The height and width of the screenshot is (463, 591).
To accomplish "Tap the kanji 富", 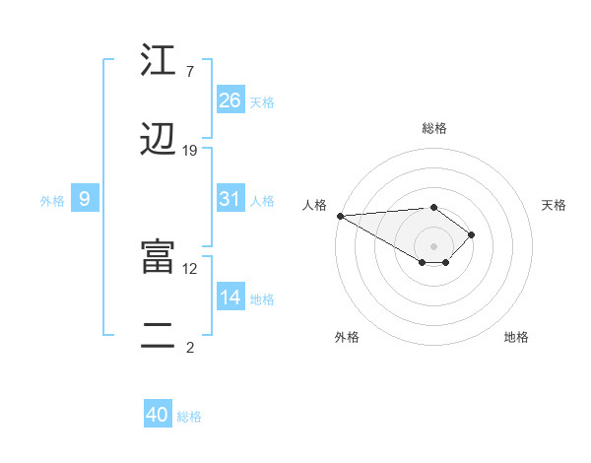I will [x=157, y=257].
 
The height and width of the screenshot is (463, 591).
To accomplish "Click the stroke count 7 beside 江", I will [x=189, y=72].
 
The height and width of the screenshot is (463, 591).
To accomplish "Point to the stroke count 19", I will [x=190, y=151].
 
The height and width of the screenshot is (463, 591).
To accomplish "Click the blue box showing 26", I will [x=230, y=99].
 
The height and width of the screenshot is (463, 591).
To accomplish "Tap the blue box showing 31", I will [x=230, y=199].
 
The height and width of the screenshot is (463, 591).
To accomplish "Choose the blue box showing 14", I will [x=230, y=298].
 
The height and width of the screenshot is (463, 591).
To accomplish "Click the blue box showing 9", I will [x=85, y=199].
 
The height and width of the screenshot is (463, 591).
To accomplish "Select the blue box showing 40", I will [x=158, y=415].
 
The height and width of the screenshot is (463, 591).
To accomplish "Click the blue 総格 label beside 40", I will [x=190, y=417].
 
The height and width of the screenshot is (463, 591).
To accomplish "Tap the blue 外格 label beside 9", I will [x=52, y=201].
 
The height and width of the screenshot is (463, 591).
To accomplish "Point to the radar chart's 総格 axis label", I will [x=434, y=128].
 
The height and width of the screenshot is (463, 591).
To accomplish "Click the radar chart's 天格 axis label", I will [x=554, y=205].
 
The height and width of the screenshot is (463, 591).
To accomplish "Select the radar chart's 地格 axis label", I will [x=516, y=337].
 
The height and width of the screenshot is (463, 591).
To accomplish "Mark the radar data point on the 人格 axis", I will [x=340, y=216].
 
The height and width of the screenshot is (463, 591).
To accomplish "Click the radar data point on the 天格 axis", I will [x=473, y=234].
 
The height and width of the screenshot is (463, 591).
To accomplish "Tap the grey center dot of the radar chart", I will [x=434, y=245].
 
